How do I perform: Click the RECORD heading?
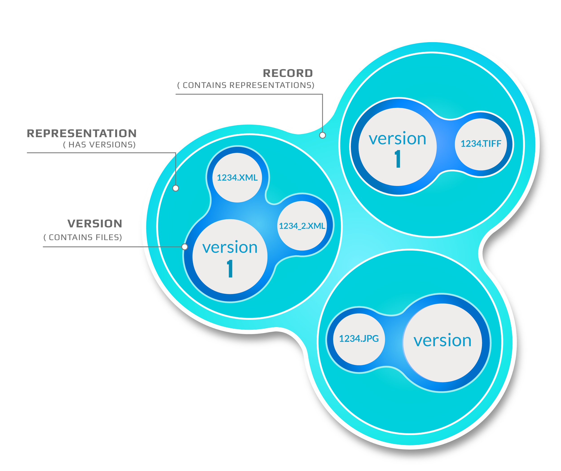[288, 73]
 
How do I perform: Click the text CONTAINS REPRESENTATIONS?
[246, 85]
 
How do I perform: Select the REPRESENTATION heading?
[82, 133]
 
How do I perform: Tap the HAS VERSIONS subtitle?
[99, 145]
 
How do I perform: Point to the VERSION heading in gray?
[95, 223]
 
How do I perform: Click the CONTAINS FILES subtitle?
[83, 237]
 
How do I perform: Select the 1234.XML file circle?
[237, 178]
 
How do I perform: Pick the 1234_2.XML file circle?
[302, 226]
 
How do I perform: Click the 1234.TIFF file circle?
[481, 144]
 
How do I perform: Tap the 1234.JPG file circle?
[359, 339]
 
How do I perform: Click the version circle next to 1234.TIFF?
[397, 147]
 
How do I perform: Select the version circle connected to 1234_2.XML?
[230, 256]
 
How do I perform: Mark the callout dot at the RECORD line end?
[322, 135]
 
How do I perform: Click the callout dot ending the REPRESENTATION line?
[175, 188]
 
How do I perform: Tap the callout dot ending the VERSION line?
[185, 247]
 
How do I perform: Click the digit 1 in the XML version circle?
[230, 269]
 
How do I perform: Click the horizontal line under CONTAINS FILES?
[107, 247]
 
